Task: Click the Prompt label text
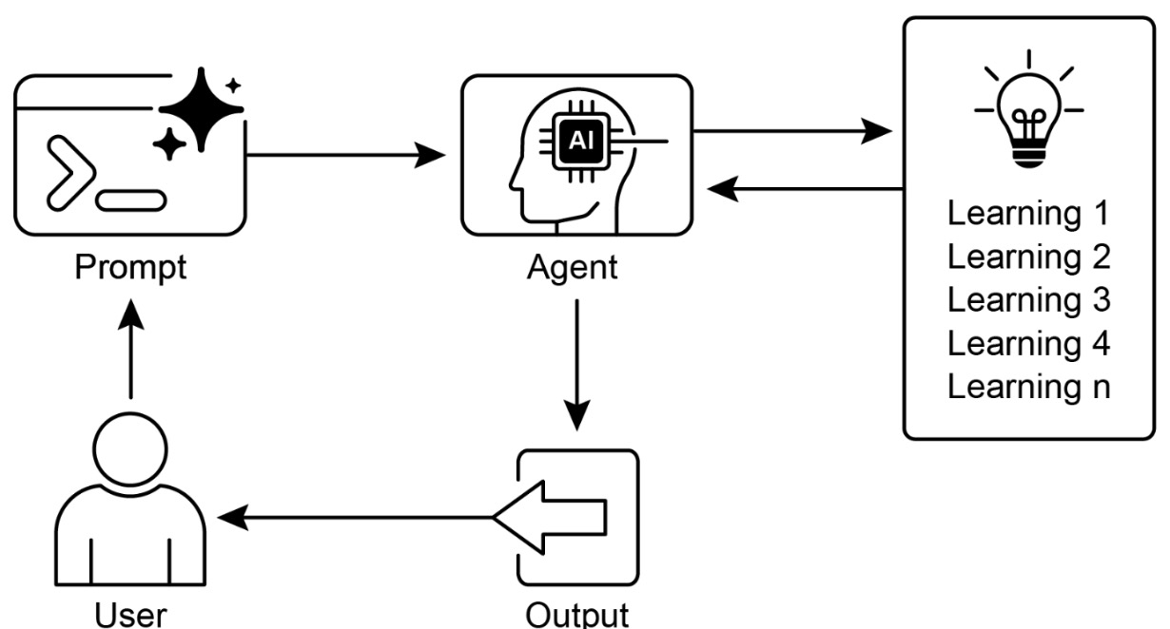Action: [131, 269]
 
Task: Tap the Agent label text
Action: [573, 267]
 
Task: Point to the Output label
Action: [577, 613]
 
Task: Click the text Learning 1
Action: [1029, 213]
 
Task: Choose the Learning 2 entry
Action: [1029, 257]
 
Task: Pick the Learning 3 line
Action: [1029, 299]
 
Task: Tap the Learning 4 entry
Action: [1029, 343]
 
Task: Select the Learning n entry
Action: [1029, 387]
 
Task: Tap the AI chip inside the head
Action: [578, 141]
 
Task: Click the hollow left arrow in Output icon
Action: [550, 517]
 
